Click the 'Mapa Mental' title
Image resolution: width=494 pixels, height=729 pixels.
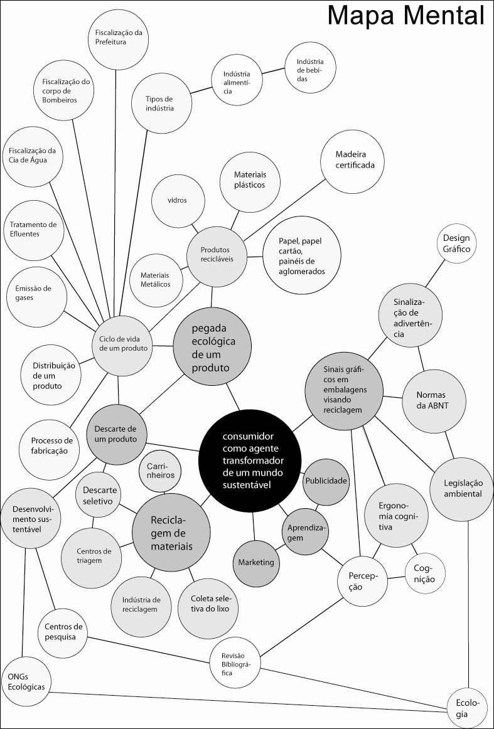(x=406, y=16)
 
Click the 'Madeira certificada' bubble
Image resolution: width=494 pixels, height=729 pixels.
(x=355, y=160)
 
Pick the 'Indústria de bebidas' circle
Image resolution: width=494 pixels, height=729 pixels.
(x=310, y=70)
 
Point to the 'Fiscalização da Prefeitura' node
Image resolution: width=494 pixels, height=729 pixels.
(x=119, y=37)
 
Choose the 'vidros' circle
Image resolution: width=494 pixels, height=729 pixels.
(x=178, y=200)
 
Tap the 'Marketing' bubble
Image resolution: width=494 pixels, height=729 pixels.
(x=255, y=562)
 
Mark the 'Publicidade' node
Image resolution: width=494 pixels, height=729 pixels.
(x=326, y=481)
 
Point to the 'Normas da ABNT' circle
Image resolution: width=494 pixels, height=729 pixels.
(x=432, y=400)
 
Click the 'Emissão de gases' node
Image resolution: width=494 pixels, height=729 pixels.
(x=33, y=292)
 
